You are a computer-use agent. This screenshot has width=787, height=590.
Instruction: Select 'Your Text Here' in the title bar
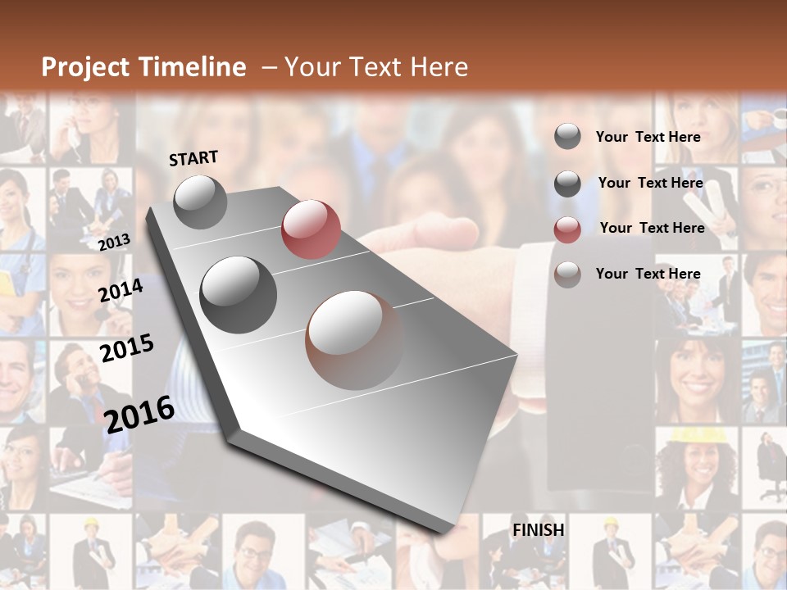(x=376, y=67)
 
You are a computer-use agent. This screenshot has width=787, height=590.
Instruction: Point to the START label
(x=193, y=158)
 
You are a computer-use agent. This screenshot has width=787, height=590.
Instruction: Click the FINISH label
(x=538, y=530)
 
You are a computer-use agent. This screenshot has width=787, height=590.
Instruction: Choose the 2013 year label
(x=114, y=242)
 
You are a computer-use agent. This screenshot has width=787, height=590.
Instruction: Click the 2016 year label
(x=139, y=414)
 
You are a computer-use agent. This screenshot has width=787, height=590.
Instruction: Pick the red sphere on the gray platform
(x=311, y=229)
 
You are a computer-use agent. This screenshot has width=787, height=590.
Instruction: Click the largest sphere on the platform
(x=355, y=339)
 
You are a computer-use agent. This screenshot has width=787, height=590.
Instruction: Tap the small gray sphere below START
(x=200, y=202)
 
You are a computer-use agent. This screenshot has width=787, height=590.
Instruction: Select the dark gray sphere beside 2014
(x=238, y=294)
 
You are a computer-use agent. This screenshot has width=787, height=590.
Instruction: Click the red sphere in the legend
(x=567, y=229)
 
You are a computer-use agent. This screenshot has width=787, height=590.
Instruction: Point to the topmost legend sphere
(x=567, y=136)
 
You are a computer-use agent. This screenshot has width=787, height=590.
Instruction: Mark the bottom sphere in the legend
(x=567, y=275)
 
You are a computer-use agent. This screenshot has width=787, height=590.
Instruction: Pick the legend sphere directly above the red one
(x=567, y=184)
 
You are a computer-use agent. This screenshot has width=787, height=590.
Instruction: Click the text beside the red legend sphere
(x=652, y=228)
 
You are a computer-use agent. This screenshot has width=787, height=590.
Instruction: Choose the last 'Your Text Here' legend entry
(x=648, y=274)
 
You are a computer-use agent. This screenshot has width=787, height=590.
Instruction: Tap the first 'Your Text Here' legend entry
(x=648, y=137)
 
